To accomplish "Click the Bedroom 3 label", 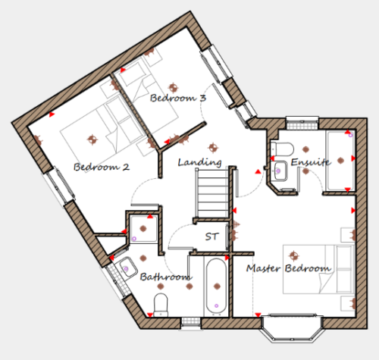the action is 178,98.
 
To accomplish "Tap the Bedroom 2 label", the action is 102,167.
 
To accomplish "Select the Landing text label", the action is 199,162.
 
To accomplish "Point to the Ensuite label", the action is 311,161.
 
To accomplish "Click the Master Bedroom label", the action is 289,268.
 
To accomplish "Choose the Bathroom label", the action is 166,277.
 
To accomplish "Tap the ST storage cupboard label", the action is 211,236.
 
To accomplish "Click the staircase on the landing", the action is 213,193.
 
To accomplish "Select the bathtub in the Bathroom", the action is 217,287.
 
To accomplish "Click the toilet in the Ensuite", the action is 282,149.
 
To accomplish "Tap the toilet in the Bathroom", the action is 161,304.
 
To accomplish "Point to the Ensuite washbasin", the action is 280,171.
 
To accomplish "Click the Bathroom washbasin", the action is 127,268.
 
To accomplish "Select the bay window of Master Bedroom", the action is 292,328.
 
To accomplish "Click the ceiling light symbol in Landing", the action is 213,147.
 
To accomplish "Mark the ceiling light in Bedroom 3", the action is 173,88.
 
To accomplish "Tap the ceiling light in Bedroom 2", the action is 92,139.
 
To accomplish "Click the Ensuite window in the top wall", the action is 302,123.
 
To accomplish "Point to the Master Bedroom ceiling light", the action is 293,255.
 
